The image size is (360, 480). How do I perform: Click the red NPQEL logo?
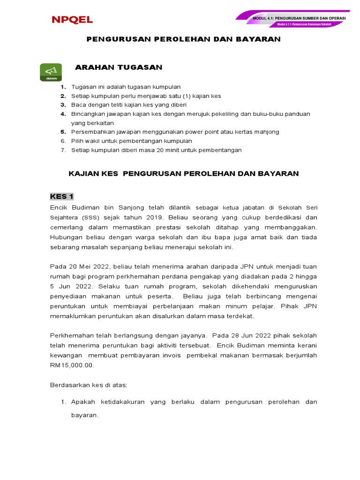point(72,20)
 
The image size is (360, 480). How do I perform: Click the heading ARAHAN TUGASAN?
point(119,67)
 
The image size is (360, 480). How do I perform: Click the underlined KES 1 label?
point(62,196)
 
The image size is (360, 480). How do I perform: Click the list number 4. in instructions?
point(63,114)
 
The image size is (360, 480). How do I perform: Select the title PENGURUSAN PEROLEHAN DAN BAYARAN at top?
point(184,39)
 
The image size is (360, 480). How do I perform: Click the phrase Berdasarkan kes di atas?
point(89,385)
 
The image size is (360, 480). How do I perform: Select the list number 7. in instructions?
point(63,150)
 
